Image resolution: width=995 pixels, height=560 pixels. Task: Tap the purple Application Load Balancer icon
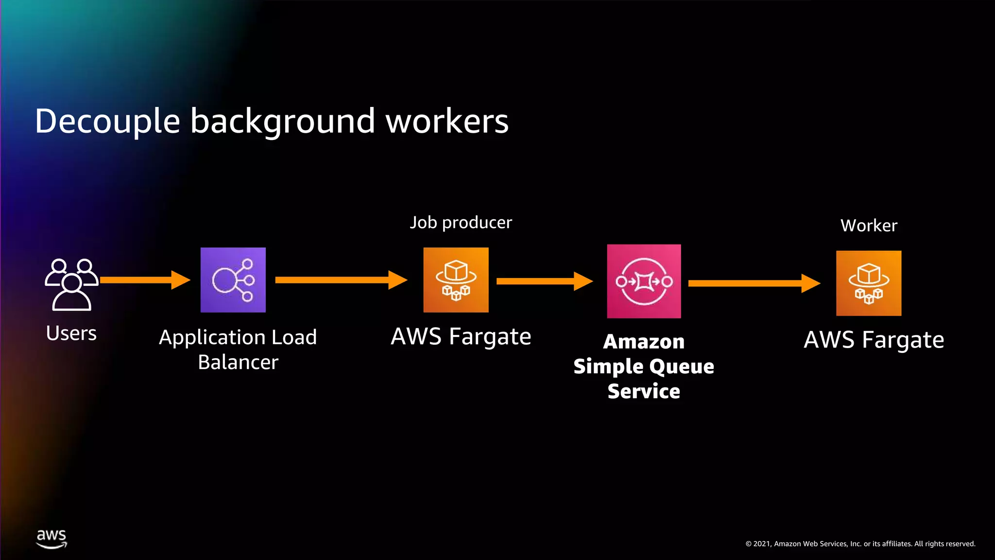(233, 280)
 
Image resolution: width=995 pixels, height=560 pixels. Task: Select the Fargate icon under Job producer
(456, 280)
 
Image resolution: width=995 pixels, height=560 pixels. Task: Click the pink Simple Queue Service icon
(644, 281)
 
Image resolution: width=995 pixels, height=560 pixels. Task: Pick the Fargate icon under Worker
(869, 283)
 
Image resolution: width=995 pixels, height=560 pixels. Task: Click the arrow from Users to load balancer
(145, 280)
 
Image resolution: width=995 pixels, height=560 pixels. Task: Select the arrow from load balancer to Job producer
(340, 280)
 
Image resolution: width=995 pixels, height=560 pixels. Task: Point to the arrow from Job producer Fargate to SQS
(544, 281)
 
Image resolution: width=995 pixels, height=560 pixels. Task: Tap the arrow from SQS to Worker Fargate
(753, 283)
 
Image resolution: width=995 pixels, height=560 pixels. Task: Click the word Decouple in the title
(107, 122)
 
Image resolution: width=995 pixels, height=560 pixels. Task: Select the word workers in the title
(447, 122)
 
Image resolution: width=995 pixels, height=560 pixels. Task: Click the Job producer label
(461, 223)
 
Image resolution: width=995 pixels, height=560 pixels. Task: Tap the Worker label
(869, 226)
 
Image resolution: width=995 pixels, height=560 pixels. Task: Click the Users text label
(71, 333)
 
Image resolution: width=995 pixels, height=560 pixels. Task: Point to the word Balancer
(238, 363)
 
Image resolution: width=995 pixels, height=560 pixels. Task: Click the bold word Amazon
(644, 342)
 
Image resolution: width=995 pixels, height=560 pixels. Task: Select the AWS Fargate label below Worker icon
(874, 340)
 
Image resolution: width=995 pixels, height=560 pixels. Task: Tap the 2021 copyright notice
(860, 544)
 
